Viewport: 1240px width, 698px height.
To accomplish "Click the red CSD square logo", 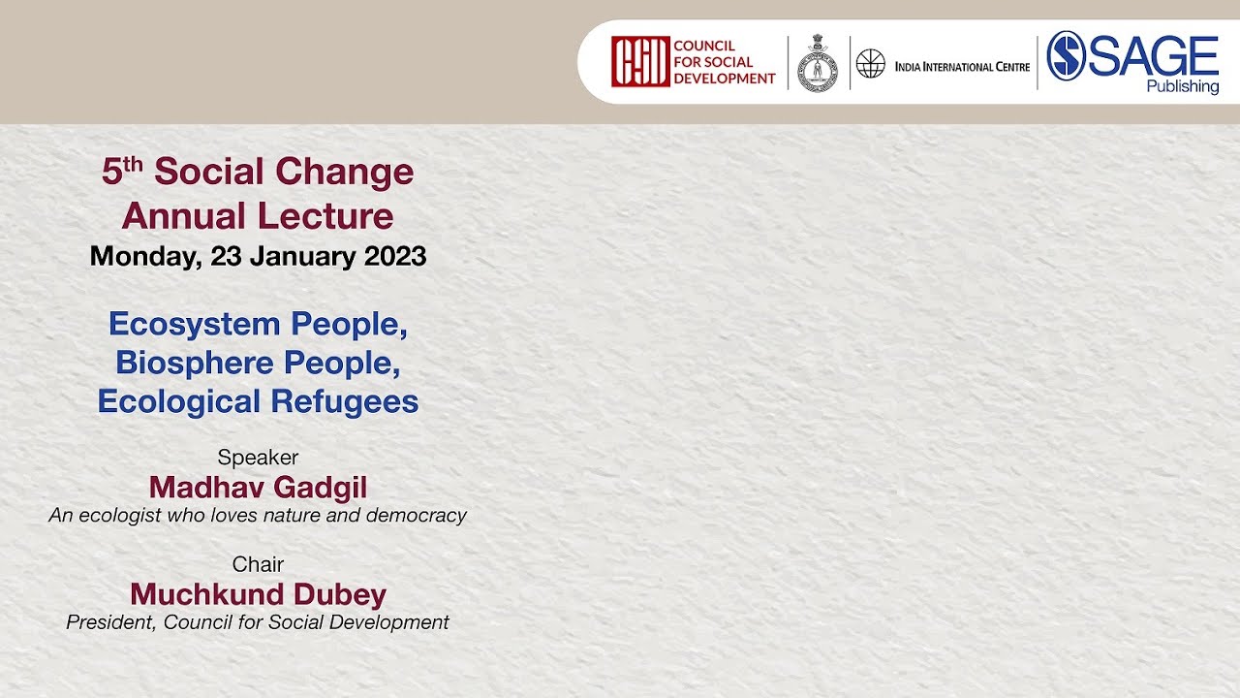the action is pyautogui.click(x=640, y=61).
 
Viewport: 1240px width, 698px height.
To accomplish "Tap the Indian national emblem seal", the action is pyautogui.click(x=818, y=63).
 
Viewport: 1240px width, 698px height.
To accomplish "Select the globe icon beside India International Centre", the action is pyautogui.click(x=871, y=63).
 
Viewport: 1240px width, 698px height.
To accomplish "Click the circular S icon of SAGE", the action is pyautogui.click(x=1067, y=55).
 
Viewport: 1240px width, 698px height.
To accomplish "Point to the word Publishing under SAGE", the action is pyautogui.click(x=1183, y=87).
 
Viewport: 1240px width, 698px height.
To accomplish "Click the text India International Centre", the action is pyautogui.click(x=962, y=67).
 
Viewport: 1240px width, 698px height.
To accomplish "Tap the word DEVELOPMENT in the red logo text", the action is pyautogui.click(x=725, y=79).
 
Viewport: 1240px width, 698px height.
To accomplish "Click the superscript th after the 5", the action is pyautogui.click(x=133, y=165).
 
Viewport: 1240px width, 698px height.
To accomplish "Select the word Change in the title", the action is pyautogui.click(x=344, y=173).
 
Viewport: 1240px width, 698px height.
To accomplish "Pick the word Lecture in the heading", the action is pyautogui.click(x=325, y=215).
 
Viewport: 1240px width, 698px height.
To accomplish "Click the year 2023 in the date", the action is pyautogui.click(x=394, y=257).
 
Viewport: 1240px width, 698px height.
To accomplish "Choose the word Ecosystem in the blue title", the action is pyautogui.click(x=195, y=325).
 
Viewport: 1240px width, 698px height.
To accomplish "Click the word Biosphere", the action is pyautogui.click(x=195, y=364).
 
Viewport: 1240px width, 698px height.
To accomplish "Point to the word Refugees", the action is pyautogui.click(x=344, y=401).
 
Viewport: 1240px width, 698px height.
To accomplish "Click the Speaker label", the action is pyautogui.click(x=258, y=458).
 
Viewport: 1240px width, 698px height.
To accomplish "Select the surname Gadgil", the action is pyautogui.click(x=320, y=489).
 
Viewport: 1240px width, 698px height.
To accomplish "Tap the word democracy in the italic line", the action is pyautogui.click(x=417, y=516).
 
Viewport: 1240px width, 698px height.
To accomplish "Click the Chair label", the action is pyautogui.click(x=258, y=564).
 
